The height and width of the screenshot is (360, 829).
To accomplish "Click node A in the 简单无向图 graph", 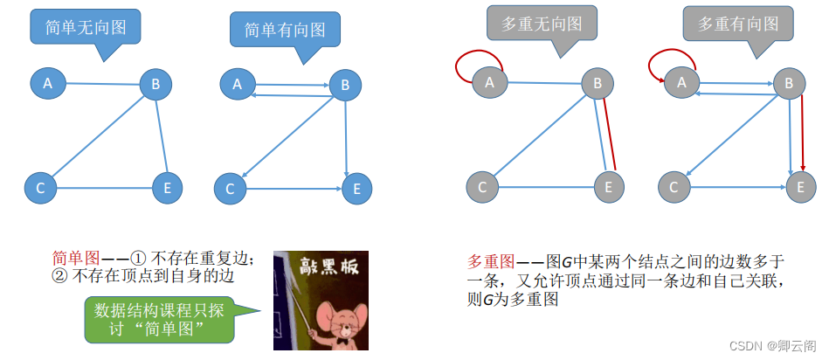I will tap(47, 83).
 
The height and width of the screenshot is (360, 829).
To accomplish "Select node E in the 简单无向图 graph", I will tap(167, 187).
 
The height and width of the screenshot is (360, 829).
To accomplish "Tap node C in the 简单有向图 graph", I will tap(230, 188).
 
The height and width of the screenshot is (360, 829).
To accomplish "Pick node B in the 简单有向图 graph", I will tap(344, 85).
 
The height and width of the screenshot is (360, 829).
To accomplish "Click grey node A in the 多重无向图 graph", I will tap(489, 82).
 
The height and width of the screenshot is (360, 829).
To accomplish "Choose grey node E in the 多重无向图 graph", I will tap(610, 186).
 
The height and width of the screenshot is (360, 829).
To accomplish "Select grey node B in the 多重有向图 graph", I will tap(789, 84).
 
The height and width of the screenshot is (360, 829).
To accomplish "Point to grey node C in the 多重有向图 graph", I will tap(673, 187).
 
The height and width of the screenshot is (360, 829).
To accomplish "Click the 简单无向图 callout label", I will tap(85, 28).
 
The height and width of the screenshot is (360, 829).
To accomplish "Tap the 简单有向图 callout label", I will tap(285, 30).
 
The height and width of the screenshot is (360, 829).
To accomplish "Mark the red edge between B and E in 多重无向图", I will tap(611, 131).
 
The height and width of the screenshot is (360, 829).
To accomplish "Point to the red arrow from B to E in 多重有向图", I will tap(802, 131).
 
